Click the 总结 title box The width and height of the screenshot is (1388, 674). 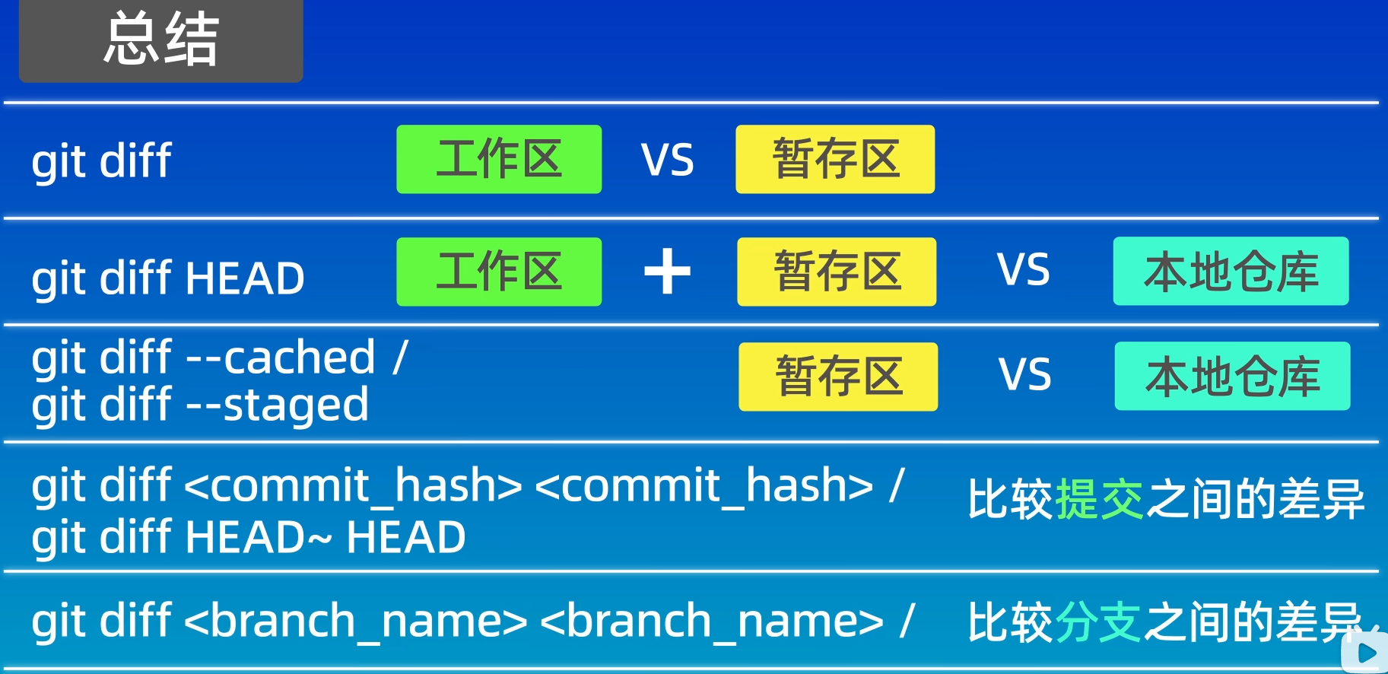coord(160,40)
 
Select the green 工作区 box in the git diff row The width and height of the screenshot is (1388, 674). coord(499,159)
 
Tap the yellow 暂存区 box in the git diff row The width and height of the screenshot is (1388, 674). coord(835,159)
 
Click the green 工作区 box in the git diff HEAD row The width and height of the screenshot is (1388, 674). coord(499,272)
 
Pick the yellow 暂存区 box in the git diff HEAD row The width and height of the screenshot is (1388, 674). coord(837,272)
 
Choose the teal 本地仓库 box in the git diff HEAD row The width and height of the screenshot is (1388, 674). coord(1231,272)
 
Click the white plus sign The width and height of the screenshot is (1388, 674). coord(667,272)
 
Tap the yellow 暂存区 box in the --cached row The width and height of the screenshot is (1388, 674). coord(838,377)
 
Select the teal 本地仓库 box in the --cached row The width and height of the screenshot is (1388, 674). coord(1232,377)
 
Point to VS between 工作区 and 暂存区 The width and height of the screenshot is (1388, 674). coord(667,161)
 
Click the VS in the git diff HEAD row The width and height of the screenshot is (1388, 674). coord(1023,270)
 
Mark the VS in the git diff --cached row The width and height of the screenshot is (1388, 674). coord(1024,375)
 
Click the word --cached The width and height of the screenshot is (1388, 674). coord(281,358)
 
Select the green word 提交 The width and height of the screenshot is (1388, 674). coord(1099,500)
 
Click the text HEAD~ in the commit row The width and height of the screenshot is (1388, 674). coord(259,537)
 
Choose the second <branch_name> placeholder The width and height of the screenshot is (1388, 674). coord(712,622)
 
